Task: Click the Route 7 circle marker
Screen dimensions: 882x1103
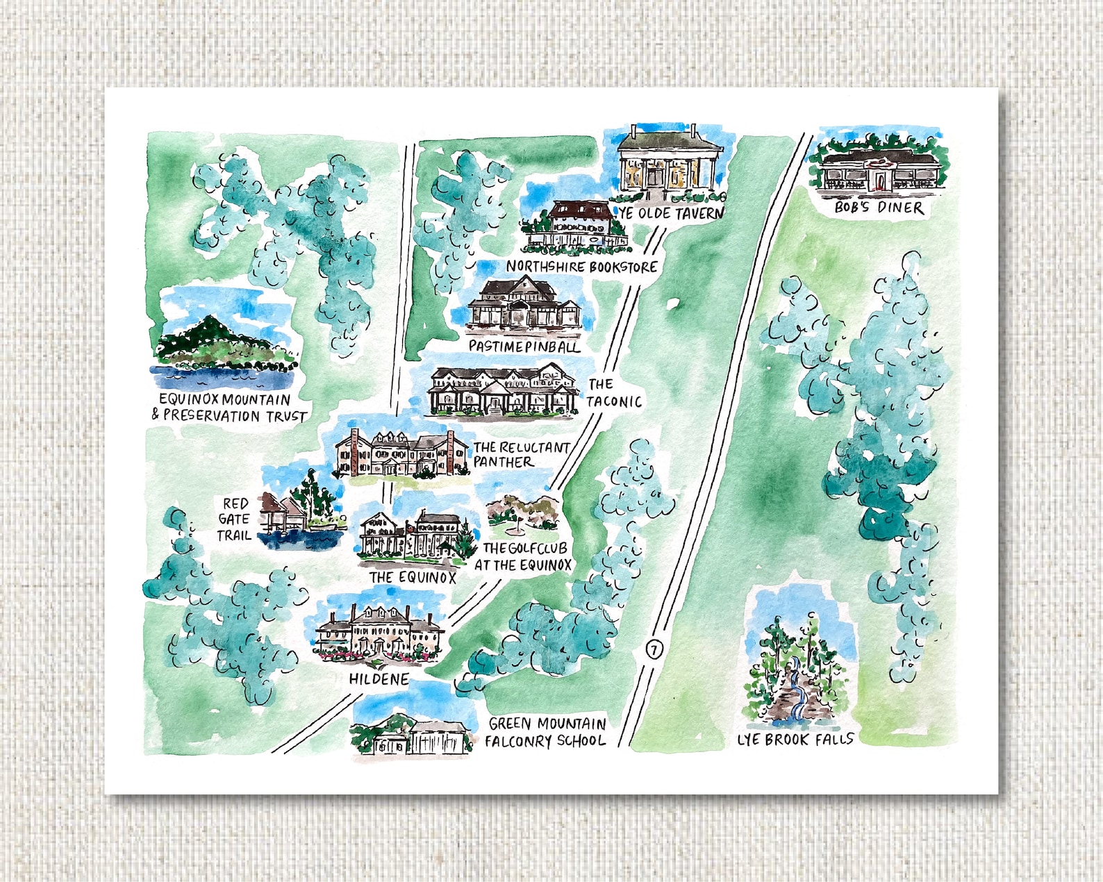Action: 654,649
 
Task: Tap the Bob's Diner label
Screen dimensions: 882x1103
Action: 879,207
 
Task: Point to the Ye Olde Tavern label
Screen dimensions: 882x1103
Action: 671,213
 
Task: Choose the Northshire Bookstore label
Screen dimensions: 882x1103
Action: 581,266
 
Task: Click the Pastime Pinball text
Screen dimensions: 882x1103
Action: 524,345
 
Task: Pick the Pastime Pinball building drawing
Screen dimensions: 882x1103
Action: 523,303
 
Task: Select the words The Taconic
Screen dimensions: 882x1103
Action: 614,392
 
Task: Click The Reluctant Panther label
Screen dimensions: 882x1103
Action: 521,454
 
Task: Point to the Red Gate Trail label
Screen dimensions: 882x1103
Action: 234,519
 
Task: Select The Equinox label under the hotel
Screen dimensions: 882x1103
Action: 413,577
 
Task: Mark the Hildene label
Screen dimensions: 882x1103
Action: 379,679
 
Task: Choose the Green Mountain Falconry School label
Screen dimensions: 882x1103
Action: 546,732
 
